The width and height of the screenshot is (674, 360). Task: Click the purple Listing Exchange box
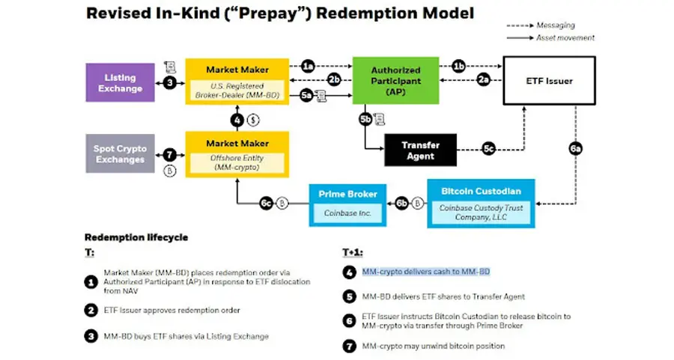120,82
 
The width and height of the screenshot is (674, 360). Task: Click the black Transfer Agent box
420,150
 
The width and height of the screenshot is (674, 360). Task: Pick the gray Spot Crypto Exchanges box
120,154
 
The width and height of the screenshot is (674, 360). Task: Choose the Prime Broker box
347,202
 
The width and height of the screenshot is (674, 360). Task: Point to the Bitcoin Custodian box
481,202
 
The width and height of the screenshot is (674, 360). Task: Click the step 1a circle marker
308,67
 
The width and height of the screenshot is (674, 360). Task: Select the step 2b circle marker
335,79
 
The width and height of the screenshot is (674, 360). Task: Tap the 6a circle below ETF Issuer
575,149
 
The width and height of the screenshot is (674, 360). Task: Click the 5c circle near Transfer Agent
488,150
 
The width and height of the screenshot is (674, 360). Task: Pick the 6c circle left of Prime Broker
265,203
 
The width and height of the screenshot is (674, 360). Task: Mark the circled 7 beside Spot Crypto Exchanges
170,154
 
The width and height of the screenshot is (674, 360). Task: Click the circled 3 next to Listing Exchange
170,82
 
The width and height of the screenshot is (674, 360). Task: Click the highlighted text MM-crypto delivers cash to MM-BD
425,271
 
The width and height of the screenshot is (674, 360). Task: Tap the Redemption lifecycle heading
136,237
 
